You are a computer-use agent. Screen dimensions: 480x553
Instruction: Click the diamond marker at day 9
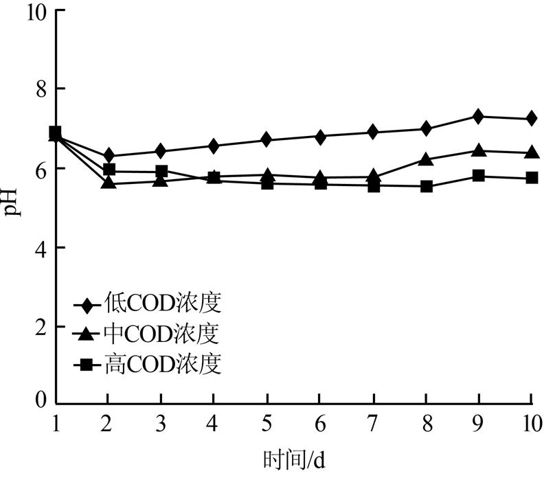pyautogui.click(x=479, y=116)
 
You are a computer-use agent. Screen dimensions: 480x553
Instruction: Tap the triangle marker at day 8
pyautogui.click(x=426, y=160)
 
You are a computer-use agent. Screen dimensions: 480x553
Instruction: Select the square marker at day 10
pyautogui.click(x=532, y=178)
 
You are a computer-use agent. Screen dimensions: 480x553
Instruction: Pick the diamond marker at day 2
pyautogui.click(x=108, y=156)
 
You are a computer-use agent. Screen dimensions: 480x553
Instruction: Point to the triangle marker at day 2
pyautogui.click(x=108, y=183)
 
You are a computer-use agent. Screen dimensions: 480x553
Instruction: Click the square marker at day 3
pyautogui.click(x=161, y=171)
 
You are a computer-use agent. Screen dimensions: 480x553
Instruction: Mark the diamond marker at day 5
pyautogui.click(x=267, y=140)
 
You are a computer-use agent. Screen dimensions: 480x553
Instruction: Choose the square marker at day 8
pyautogui.click(x=426, y=186)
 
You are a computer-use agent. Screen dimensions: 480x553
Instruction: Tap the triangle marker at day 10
pyautogui.click(x=532, y=152)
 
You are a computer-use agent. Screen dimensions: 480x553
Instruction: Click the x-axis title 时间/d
pyautogui.click(x=293, y=459)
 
